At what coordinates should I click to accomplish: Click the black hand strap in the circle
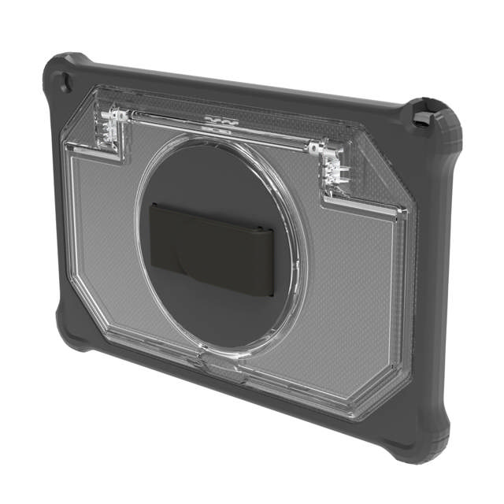(213, 247)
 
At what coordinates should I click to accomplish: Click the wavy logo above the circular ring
(219, 123)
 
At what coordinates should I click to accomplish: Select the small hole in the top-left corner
(63, 81)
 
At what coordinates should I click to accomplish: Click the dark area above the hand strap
(213, 177)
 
